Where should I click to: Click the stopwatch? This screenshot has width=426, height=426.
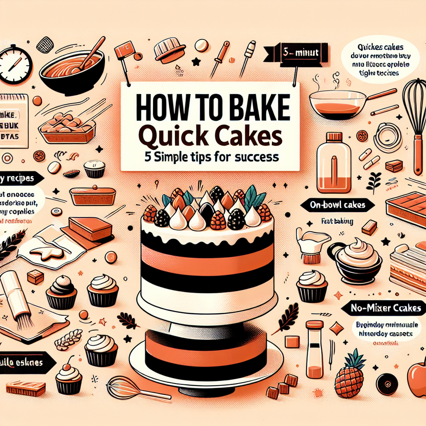pos(15,65)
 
